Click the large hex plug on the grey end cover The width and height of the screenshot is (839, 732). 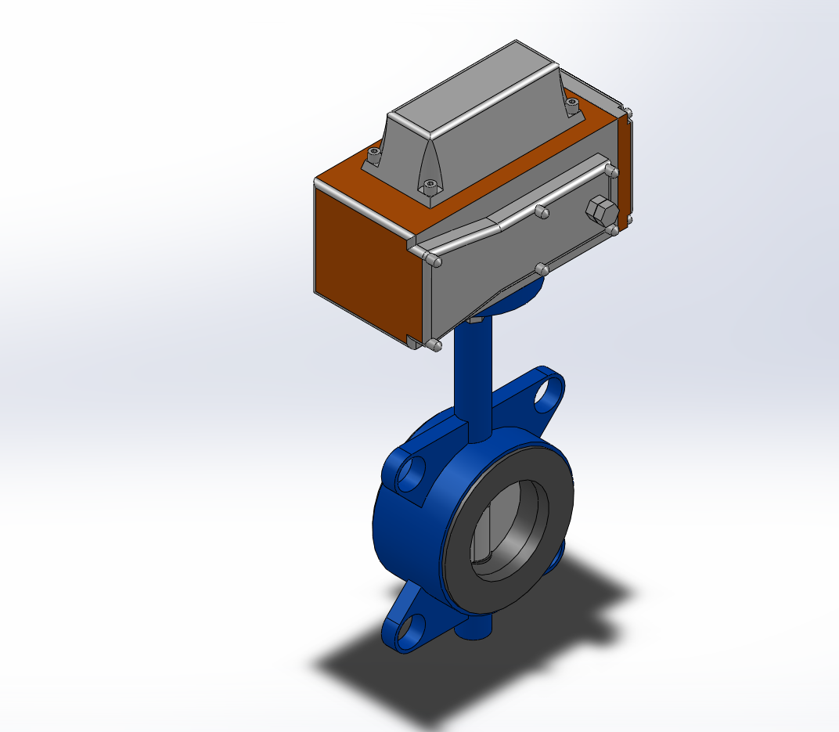click(600, 209)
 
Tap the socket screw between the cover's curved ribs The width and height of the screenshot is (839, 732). click(429, 186)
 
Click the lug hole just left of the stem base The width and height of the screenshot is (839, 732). click(410, 474)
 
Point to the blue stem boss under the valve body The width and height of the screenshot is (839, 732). click(477, 626)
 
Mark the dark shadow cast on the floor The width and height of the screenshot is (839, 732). click(407, 681)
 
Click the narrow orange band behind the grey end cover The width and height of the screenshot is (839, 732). click(624, 172)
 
